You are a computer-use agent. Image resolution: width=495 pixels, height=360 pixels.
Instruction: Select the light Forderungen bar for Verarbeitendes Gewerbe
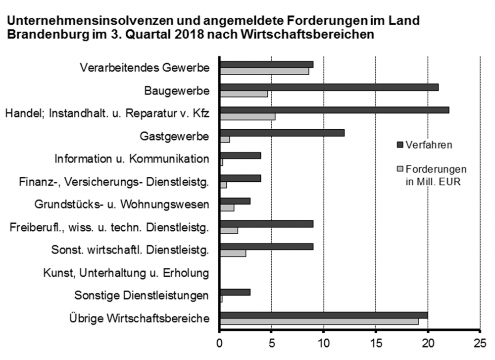[264, 71]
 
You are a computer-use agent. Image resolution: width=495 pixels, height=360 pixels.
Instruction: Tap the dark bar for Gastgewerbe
[282, 133]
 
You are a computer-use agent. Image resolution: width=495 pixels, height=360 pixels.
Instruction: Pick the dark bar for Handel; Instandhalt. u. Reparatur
[334, 110]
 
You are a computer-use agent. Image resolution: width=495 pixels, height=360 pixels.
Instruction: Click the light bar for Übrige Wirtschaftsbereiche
[319, 322]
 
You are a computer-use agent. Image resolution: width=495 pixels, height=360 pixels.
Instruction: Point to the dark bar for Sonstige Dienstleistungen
[235, 292]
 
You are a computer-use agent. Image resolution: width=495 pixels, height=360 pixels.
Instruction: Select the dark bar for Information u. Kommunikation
[240, 155]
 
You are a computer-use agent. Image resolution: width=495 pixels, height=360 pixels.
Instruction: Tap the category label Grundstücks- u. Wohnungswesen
[122, 205]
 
